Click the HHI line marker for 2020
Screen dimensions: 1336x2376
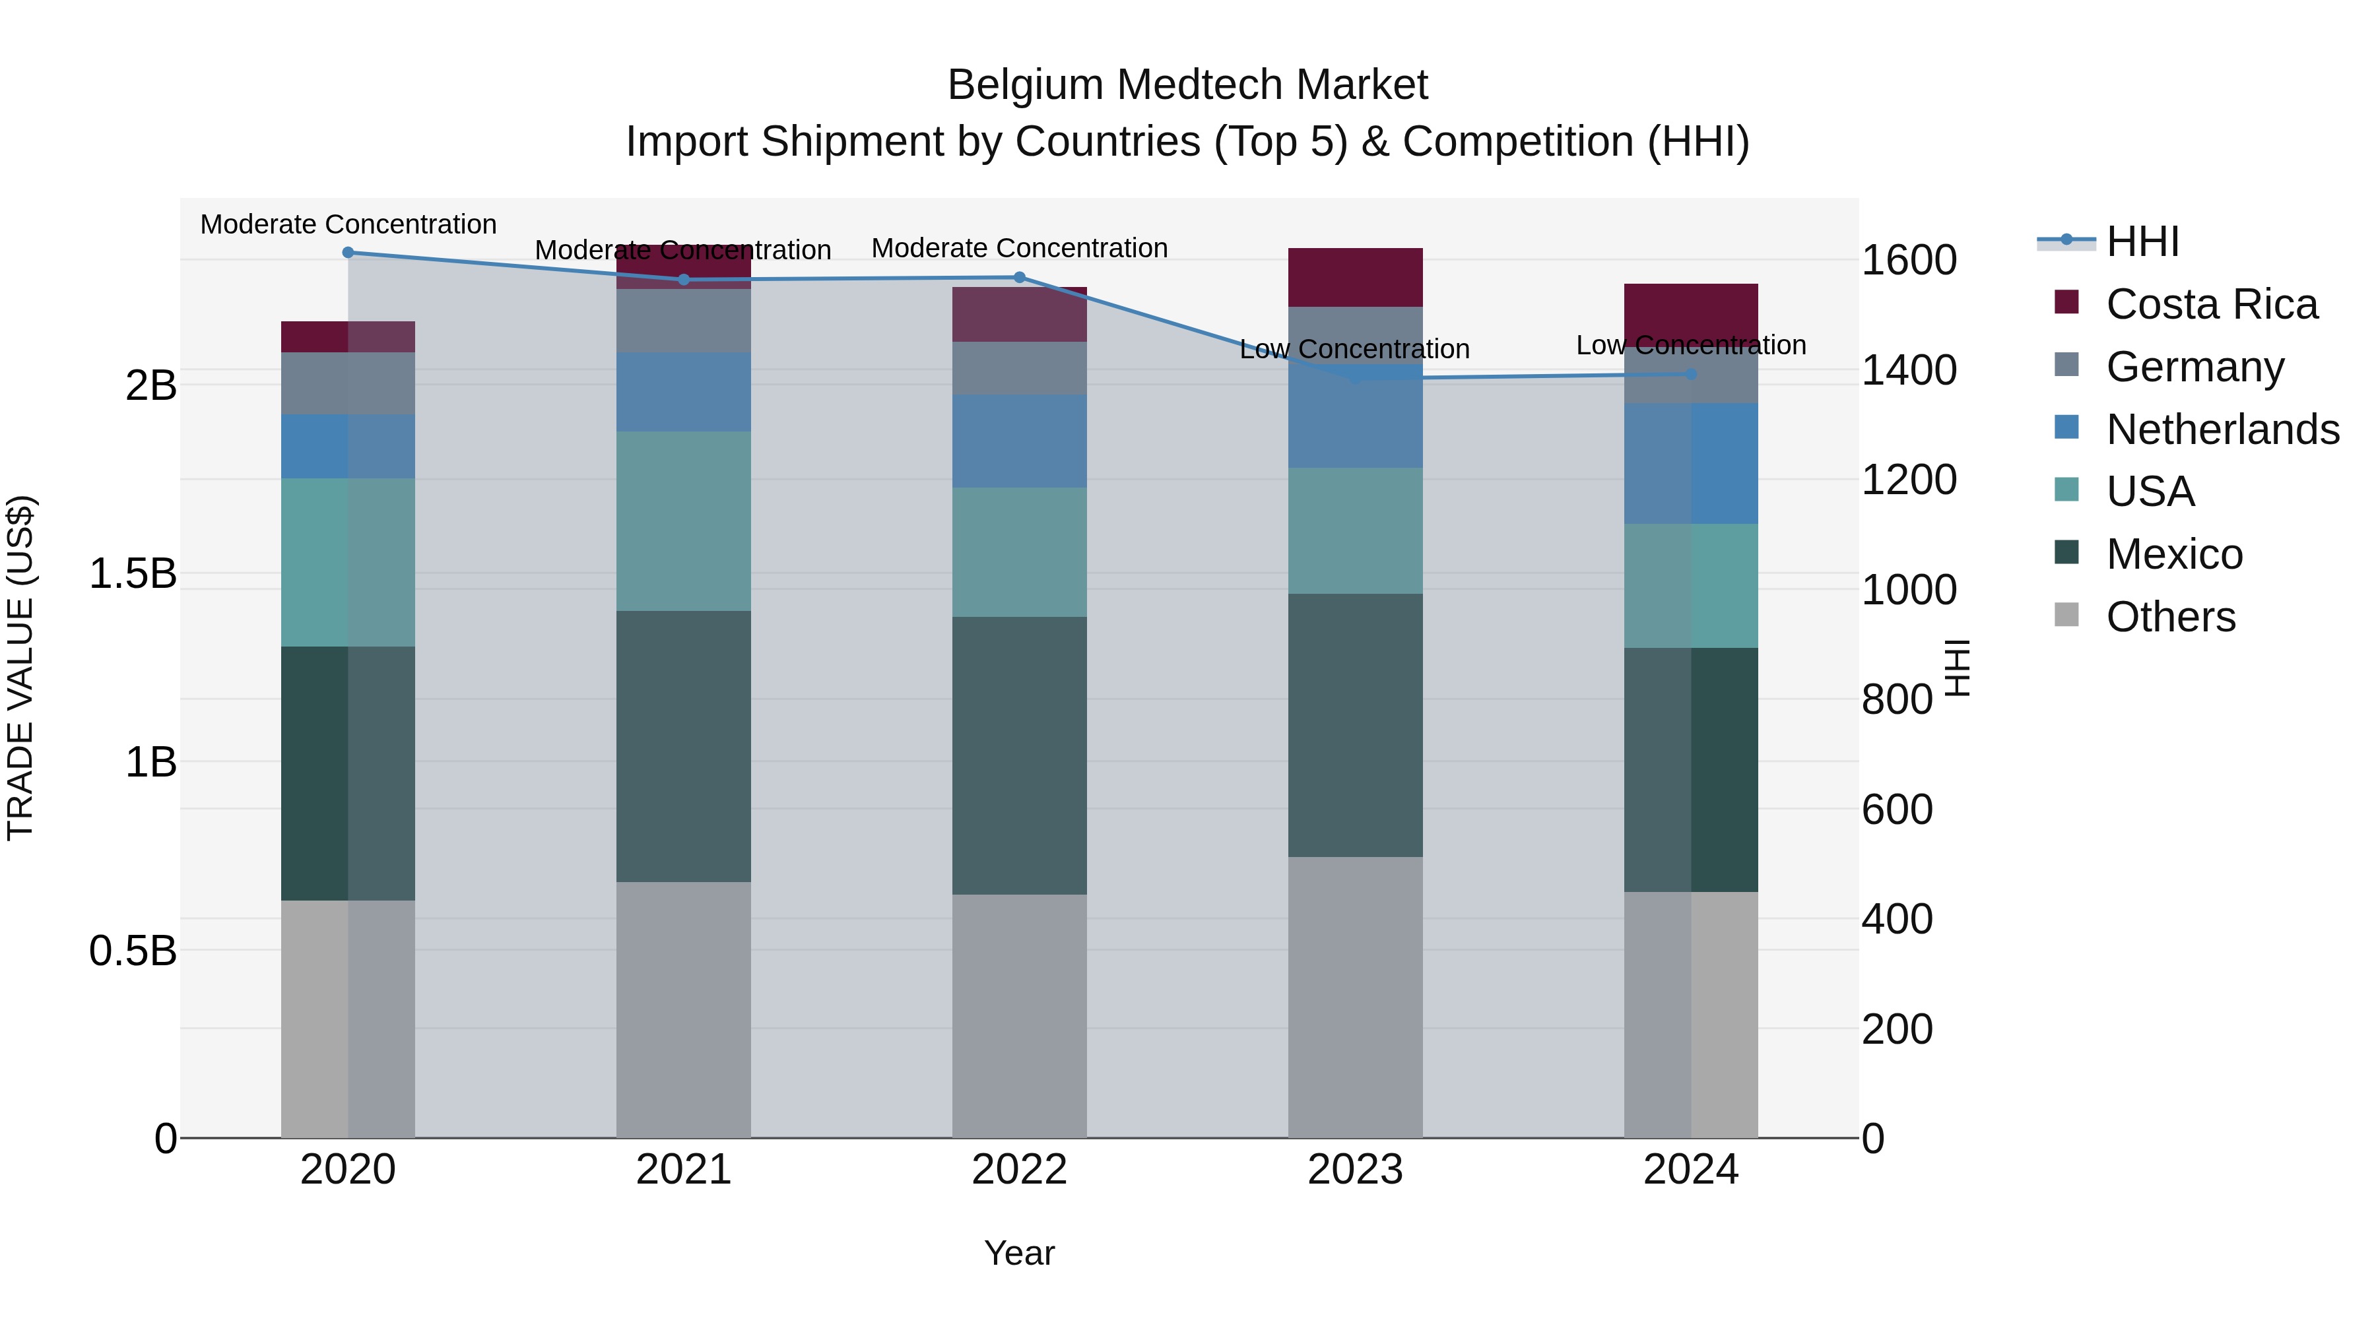coord(348,253)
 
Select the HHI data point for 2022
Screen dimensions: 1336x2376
coord(1019,278)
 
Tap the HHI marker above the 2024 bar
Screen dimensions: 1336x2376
coord(1691,374)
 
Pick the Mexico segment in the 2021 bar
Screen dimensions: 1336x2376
coord(684,746)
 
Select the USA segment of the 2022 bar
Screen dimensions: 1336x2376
coord(1019,552)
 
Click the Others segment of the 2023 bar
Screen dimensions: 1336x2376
coord(1355,997)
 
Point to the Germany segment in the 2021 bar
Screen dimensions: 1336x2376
coord(684,320)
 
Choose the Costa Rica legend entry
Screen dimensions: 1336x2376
coord(2211,304)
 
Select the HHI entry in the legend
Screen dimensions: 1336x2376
coord(2142,241)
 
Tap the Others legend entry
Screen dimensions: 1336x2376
coord(2170,617)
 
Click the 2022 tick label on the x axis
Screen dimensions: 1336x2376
coord(1019,1170)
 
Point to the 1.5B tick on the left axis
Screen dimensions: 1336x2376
coord(133,573)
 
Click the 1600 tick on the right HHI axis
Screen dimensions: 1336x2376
coord(1908,260)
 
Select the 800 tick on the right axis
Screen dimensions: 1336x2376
coord(1896,700)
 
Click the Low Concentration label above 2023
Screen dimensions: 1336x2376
coord(1354,350)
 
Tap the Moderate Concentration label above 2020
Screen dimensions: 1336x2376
coord(348,225)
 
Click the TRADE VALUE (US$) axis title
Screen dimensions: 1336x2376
coord(20,668)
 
